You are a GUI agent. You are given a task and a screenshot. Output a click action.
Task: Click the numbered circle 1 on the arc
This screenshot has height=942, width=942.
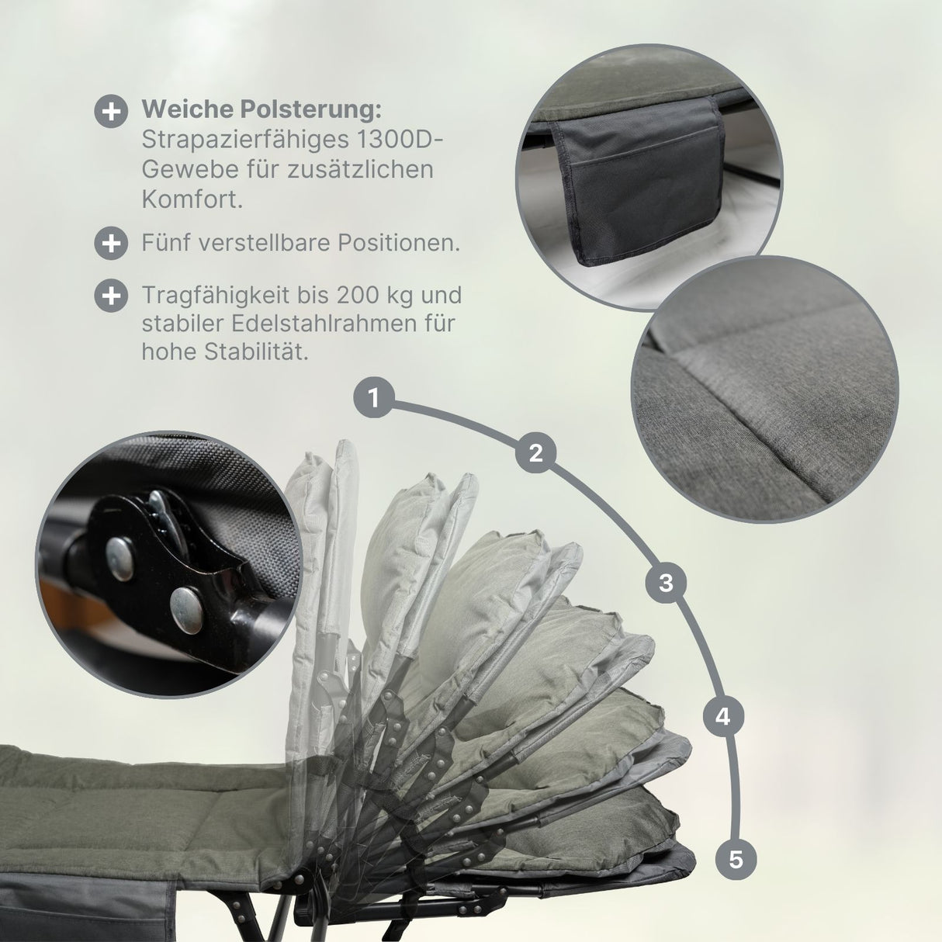(374, 397)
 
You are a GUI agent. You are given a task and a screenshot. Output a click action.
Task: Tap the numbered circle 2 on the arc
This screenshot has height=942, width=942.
(535, 452)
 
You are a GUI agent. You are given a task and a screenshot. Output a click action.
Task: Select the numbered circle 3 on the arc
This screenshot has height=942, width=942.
(666, 583)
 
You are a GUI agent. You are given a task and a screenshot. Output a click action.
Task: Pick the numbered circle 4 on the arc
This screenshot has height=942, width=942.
(723, 717)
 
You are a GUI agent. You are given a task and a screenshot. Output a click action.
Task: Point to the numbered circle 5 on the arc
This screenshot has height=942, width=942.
(736, 859)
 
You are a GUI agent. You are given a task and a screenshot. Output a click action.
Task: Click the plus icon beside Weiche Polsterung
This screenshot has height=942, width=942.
(112, 112)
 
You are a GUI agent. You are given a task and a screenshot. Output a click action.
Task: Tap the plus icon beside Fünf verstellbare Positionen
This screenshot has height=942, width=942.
(112, 243)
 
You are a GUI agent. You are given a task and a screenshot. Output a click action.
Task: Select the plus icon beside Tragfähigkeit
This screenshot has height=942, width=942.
(112, 296)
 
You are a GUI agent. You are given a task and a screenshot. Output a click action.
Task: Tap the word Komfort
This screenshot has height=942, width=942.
(192, 199)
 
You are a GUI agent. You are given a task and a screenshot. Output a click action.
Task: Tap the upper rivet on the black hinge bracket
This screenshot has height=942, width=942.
(120, 558)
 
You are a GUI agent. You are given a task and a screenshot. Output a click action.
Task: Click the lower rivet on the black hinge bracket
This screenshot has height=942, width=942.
(186, 611)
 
